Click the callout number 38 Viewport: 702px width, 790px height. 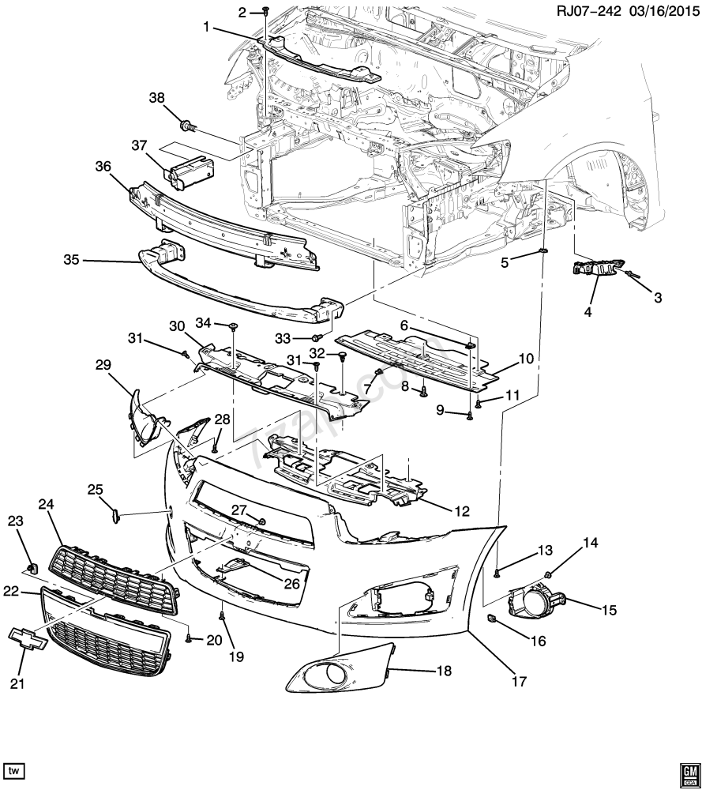pos(157,98)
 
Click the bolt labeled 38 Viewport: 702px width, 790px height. pos(188,124)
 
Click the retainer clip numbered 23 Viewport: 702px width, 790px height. pos(32,566)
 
